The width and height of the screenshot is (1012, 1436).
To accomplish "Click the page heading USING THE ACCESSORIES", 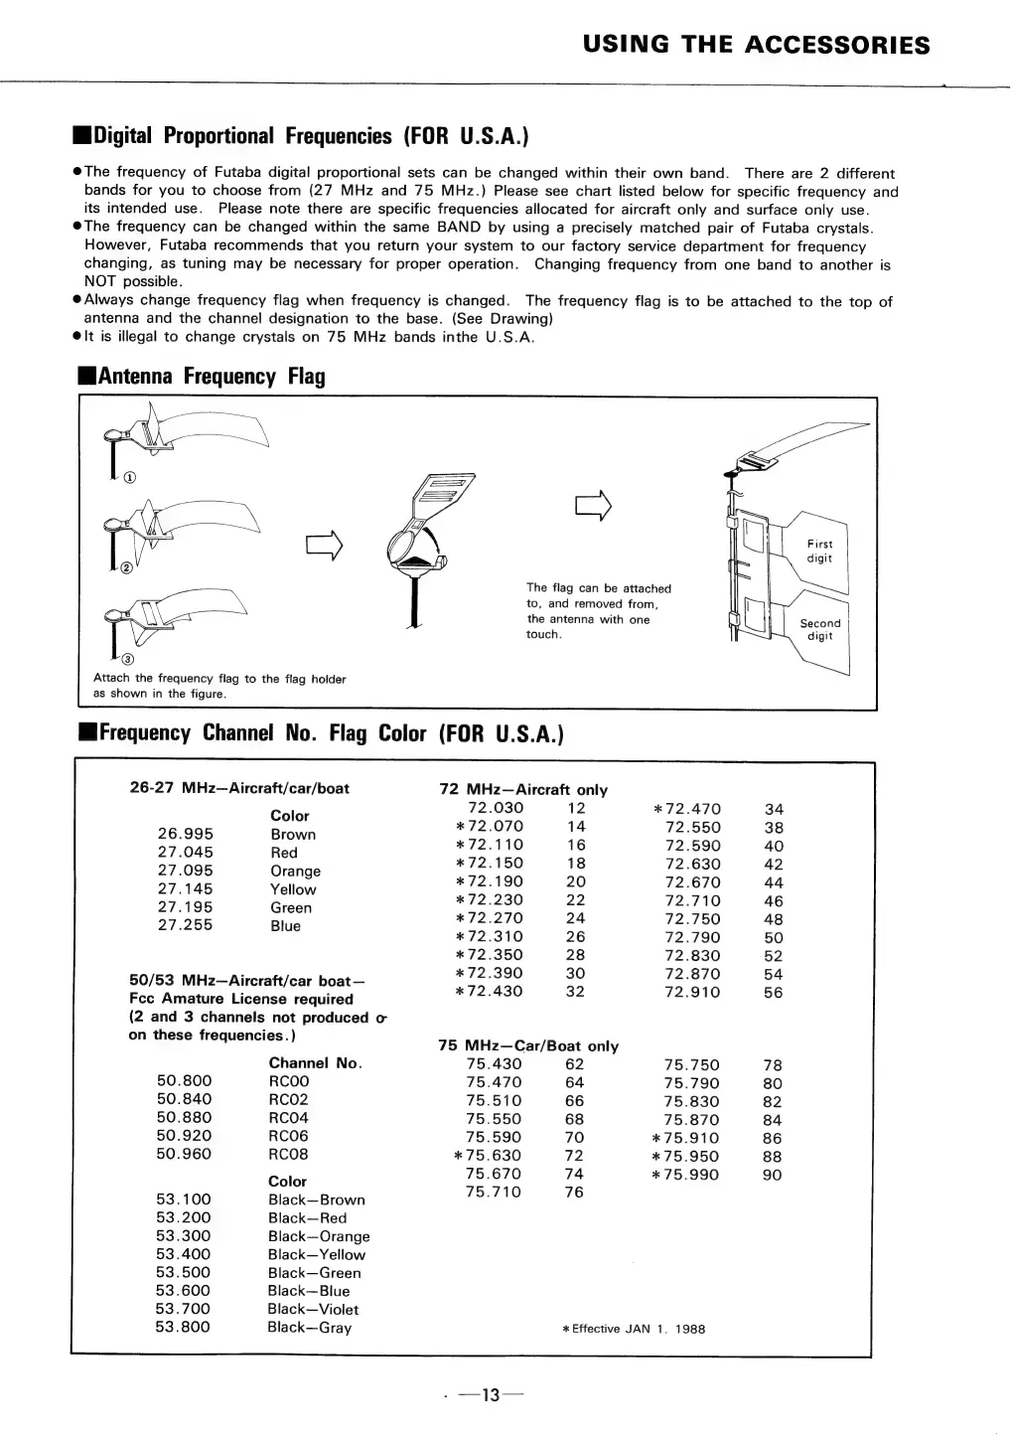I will tap(756, 45).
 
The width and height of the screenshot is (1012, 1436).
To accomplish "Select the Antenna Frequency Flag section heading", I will tap(202, 377).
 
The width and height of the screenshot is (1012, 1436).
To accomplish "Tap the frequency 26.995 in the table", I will tap(185, 834).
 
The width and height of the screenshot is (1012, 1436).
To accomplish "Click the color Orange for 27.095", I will tap(295, 871).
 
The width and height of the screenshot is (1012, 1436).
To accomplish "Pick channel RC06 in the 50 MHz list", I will tap(288, 1136).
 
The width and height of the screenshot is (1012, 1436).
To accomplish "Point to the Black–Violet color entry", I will tap(313, 1309).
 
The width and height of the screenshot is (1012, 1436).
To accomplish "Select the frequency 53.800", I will tap(183, 1327).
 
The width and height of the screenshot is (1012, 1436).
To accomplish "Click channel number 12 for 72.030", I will tap(576, 808).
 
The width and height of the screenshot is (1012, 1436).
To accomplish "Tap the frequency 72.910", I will tap(692, 992).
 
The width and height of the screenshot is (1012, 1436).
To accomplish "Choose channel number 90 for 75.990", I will tap(772, 1175).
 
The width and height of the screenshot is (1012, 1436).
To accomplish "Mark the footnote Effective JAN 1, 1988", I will tap(634, 1329).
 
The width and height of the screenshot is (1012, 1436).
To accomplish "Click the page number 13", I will tap(489, 1395).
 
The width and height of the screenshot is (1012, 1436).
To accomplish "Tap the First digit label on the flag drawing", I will tap(819, 551).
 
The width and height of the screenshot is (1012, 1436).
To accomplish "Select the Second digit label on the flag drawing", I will tap(819, 629).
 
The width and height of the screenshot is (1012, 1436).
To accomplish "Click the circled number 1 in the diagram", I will tap(130, 477).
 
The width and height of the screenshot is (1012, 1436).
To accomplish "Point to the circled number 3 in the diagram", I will tap(128, 660).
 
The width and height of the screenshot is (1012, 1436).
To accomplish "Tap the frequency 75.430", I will tap(494, 1064).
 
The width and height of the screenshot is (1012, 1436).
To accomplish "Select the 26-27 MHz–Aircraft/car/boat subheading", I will tap(239, 788).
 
